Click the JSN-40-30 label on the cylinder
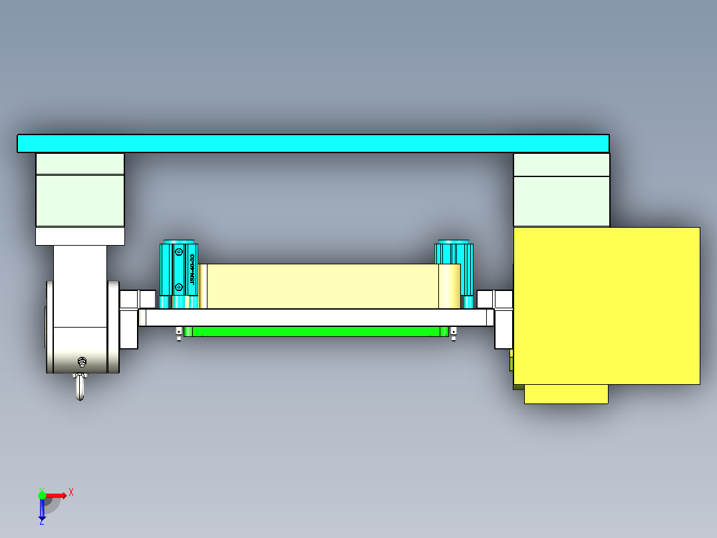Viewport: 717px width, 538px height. pyautogui.click(x=192, y=269)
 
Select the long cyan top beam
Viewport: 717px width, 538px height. pyautogui.click(x=313, y=143)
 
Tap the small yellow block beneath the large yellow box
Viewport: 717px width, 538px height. pyautogui.click(x=566, y=394)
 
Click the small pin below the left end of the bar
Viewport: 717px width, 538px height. pyautogui.click(x=179, y=334)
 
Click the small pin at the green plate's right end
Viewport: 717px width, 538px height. pyautogui.click(x=454, y=334)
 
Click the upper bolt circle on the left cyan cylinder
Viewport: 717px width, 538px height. pyautogui.click(x=178, y=252)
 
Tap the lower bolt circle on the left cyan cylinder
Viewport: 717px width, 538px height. pyautogui.click(x=178, y=287)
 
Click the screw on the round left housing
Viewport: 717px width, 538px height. pyautogui.click(x=82, y=362)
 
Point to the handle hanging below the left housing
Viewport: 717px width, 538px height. pyautogui.click(x=80, y=388)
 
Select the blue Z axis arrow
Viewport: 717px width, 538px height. pyautogui.click(x=42, y=510)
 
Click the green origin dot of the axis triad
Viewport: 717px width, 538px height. pyautogui.click(x=42, y=495)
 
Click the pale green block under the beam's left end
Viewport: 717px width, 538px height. pyautogui.click(x=80, y=200)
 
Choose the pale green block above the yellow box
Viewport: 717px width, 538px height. pyautogui.click(x=561, y=200)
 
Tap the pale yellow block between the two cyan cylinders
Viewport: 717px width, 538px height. pyautogui.click(x=319, y=286)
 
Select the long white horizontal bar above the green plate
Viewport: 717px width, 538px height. pyautogui.click(x=316, y=317)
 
